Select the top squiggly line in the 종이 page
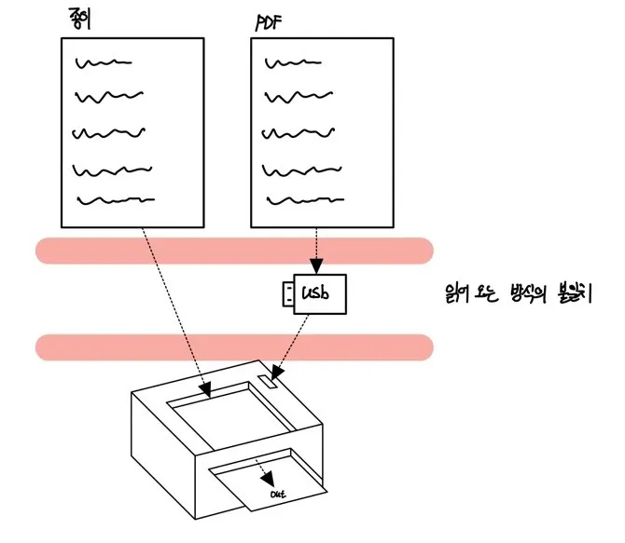[103, 63]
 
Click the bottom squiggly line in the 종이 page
[114, 199]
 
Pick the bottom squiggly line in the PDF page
[304, 199]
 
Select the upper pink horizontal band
[233, 250]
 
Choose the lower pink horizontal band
[233, 346]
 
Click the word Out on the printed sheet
[277, 494]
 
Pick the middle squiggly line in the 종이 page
[109, 131]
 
